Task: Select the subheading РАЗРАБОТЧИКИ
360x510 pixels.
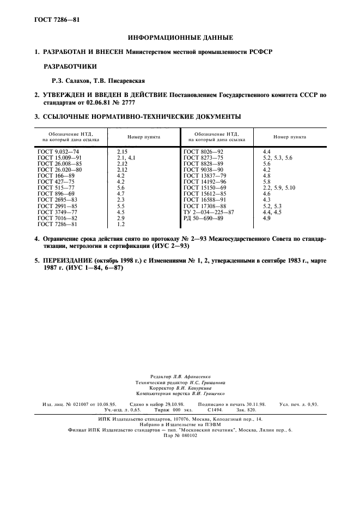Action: click(70, 66)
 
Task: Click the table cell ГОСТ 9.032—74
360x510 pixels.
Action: click(58, 150)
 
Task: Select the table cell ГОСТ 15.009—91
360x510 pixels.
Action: click(60, 157)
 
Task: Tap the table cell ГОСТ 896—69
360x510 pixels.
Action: click(56, 193)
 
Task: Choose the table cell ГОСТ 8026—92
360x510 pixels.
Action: click(204, 150)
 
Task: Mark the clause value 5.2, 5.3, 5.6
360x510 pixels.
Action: click(277, 157)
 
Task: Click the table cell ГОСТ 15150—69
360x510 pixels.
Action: click(205, 187)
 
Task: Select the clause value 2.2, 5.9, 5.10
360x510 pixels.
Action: click(278, 187)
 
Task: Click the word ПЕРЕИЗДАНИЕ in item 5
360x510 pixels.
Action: click(68, 261)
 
